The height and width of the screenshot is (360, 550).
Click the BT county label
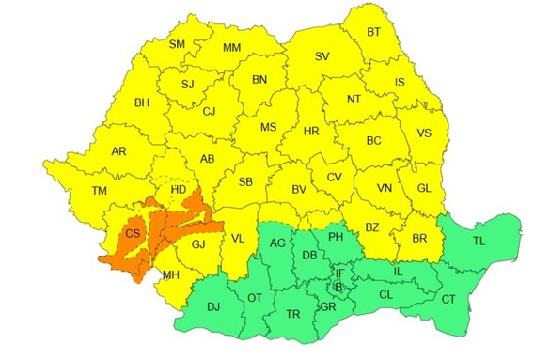tap(374, 32)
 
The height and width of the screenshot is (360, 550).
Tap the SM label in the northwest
tap(177, 44)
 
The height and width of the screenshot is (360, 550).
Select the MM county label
tap(231, 48)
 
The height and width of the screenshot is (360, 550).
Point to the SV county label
tap(322, 56)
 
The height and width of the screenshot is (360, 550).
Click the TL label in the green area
tap(480, 241)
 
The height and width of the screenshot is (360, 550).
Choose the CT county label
tap(448, 299)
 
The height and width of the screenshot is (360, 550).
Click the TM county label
tap(100, 191)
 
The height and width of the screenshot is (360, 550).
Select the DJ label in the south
tap(214, 306)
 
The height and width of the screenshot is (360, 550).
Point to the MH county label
tap(170, 275)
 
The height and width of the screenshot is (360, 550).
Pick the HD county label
tap(178, 190)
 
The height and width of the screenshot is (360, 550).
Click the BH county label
tap(143, 102)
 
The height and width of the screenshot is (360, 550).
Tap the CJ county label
tap(209, 112)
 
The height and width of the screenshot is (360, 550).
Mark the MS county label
tap(268, 127)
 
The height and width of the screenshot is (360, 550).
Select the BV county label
tap(299, 190)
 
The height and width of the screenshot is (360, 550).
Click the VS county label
tap(425, 133)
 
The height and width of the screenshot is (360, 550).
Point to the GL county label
tap(424, 189)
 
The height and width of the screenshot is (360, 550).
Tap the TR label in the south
tap(292, 314)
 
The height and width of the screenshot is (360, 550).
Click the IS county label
tap(400, 83)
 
